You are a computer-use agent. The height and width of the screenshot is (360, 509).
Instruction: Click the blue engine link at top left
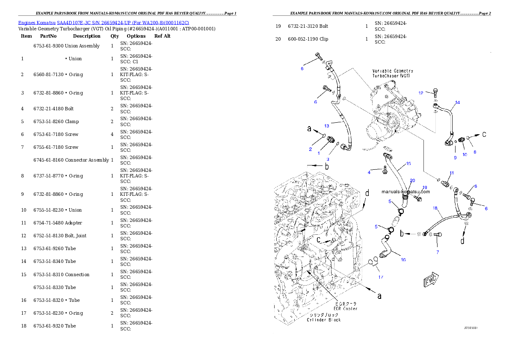coord(104,22)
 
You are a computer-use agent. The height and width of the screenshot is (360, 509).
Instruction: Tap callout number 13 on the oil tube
coord(327,126)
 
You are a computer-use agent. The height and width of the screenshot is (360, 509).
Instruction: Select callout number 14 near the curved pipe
coord(457,103)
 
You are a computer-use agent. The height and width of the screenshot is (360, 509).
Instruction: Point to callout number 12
coord(420,93)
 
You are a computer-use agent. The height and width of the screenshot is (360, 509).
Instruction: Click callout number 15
coord(408,164)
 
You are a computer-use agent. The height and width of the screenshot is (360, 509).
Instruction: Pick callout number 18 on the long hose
coord(435,208)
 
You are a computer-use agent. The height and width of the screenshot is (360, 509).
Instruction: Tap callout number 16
coord(403,260)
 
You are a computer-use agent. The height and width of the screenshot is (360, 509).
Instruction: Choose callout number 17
coord(381,277)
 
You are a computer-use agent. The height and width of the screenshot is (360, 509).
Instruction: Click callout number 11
coord(452,173)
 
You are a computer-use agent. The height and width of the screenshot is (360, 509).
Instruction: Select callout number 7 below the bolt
coord(437,252)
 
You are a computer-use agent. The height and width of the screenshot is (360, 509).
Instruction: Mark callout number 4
coord(369,172)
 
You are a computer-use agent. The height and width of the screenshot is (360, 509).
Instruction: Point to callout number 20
coord(412,180)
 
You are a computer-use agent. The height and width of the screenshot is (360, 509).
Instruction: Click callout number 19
coord(424,187)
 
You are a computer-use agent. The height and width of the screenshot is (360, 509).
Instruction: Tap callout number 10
coord(465,155)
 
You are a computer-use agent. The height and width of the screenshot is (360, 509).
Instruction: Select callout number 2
coord(311,149)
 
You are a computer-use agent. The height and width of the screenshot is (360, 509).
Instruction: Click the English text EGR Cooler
coord(346,308)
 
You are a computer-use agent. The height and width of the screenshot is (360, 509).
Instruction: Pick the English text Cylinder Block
coord(324,319)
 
